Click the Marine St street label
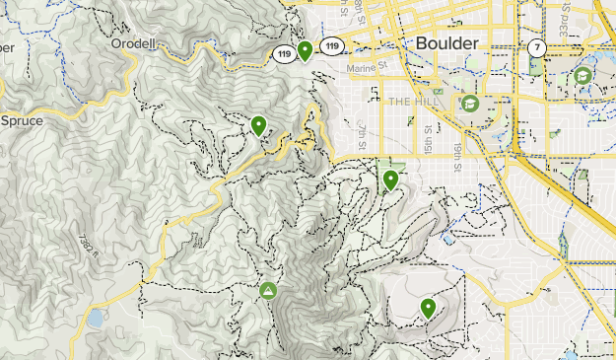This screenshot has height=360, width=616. pos(370,68)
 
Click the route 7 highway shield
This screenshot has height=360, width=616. pos(536,46)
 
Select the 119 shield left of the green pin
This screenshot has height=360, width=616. pos(284,55)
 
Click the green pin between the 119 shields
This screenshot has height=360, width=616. pos(306,49)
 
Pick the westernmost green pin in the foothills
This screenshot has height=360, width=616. pos(258,125)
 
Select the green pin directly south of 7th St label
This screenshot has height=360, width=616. pos(390,180)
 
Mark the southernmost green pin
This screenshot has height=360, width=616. pos(428,308)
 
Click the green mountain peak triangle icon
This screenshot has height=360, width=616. pos(267,290)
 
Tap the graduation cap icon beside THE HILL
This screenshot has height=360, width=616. pos(470,103)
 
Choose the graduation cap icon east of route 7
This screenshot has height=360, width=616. pos(582,75)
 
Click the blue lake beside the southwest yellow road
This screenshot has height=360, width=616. pos(96,319)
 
